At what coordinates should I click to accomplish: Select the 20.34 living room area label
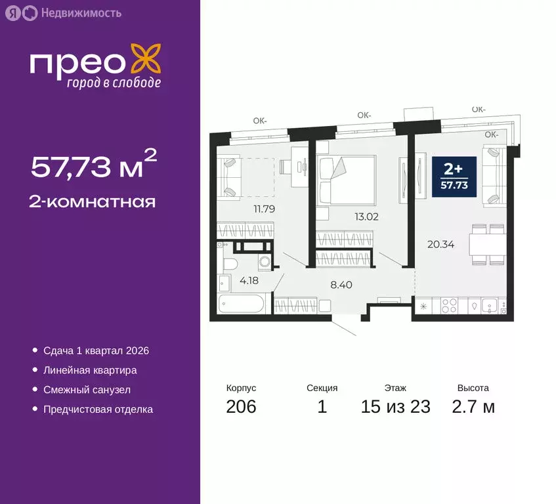[440, 245]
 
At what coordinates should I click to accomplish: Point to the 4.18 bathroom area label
[248, 282]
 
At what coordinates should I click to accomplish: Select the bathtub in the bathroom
[242, 306]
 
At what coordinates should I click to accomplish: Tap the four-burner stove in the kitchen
[452, 305]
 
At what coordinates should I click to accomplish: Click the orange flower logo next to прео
[145, 60]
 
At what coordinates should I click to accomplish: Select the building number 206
[241, 407]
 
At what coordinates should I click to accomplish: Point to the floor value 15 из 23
[396, 407]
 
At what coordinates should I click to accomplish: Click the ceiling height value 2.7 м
[473, 407]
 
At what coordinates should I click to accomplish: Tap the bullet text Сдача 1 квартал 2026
[96, 350]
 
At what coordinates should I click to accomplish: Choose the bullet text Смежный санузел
[87, 390]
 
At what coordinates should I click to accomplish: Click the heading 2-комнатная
[93, 202]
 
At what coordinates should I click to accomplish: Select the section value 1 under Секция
[322, 407]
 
